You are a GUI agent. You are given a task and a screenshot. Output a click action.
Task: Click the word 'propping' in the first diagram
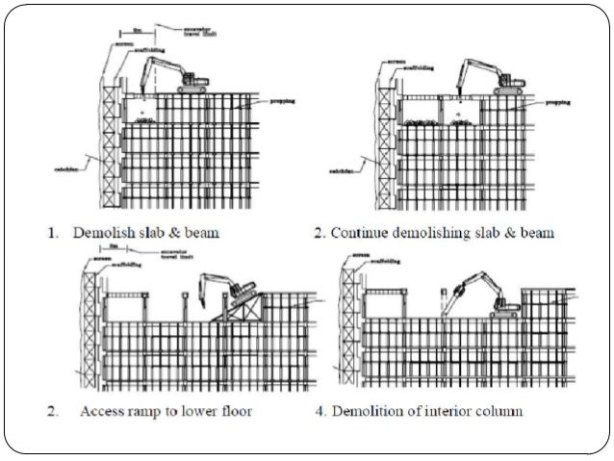282,100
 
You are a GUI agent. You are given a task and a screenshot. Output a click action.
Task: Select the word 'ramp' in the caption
177,412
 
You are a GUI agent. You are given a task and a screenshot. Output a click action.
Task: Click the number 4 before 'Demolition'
320,412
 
